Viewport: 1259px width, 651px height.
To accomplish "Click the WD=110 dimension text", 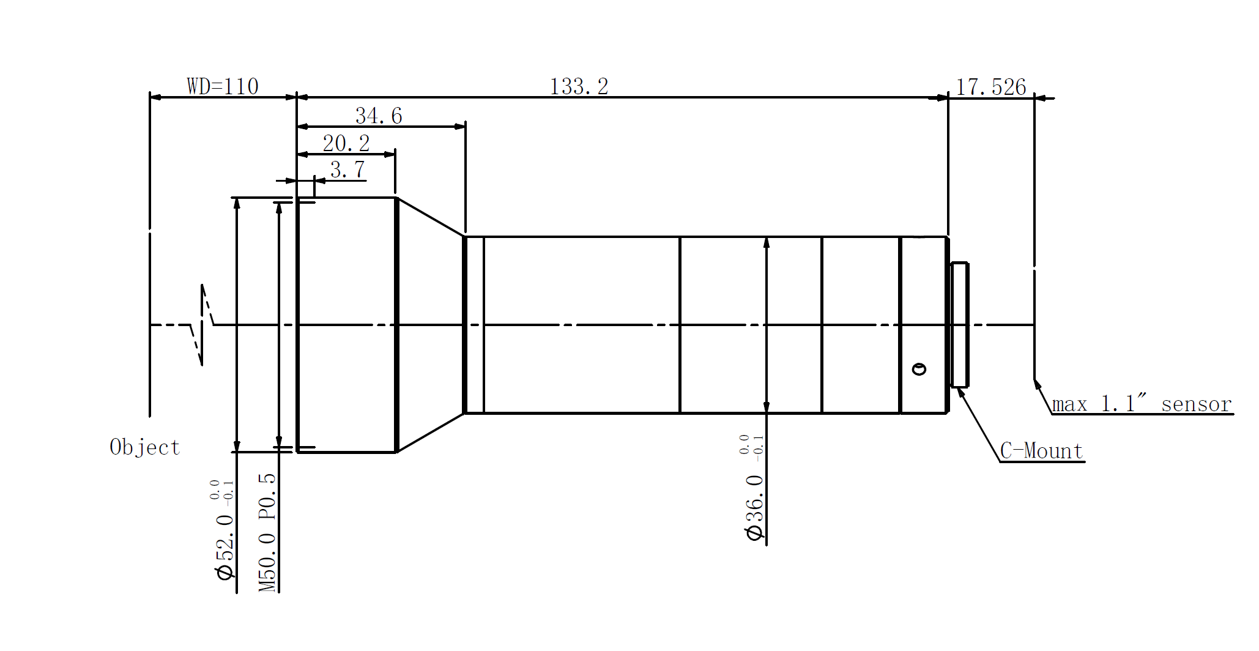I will click(223, 86).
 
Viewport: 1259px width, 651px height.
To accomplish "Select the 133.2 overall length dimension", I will click(579, 86).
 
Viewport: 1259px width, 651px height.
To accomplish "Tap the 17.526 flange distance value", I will click(990, 87).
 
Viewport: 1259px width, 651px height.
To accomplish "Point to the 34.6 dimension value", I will click(379, 116).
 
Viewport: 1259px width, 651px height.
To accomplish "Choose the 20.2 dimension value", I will click(346, 144).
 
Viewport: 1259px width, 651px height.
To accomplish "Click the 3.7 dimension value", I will click(347, 169).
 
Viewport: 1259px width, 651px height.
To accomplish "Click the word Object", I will click(145, 447).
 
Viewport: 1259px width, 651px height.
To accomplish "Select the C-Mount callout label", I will click(1041, 451).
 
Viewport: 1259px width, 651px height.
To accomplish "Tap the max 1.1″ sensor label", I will click(1142, 404).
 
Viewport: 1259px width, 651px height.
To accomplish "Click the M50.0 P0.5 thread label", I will click(267, 532).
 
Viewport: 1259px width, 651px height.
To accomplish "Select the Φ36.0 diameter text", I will click(755, 508).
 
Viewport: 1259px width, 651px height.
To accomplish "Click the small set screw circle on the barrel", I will click(919, 369).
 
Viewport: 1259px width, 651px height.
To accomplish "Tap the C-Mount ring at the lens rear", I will click(959, 325).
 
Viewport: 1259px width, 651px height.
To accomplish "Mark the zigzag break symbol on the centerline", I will click(202, 325).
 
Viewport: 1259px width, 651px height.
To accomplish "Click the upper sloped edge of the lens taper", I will click(430, 217).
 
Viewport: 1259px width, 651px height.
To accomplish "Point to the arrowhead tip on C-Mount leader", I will click(959, 389).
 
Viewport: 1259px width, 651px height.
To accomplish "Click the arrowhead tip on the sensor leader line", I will click(1035, 381).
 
